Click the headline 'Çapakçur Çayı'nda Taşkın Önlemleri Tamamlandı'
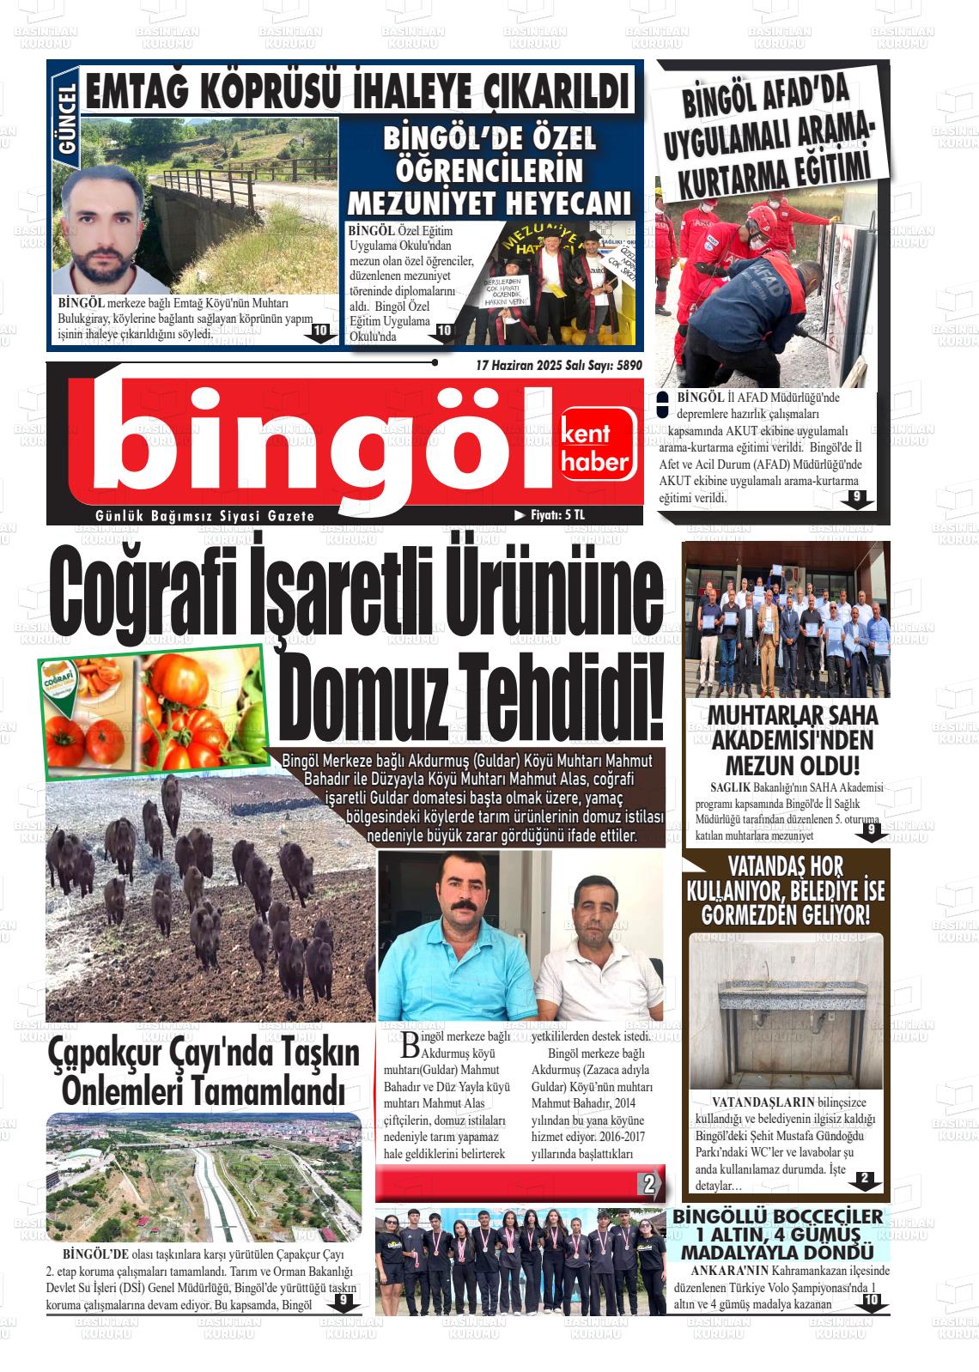click(204, 1071)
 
